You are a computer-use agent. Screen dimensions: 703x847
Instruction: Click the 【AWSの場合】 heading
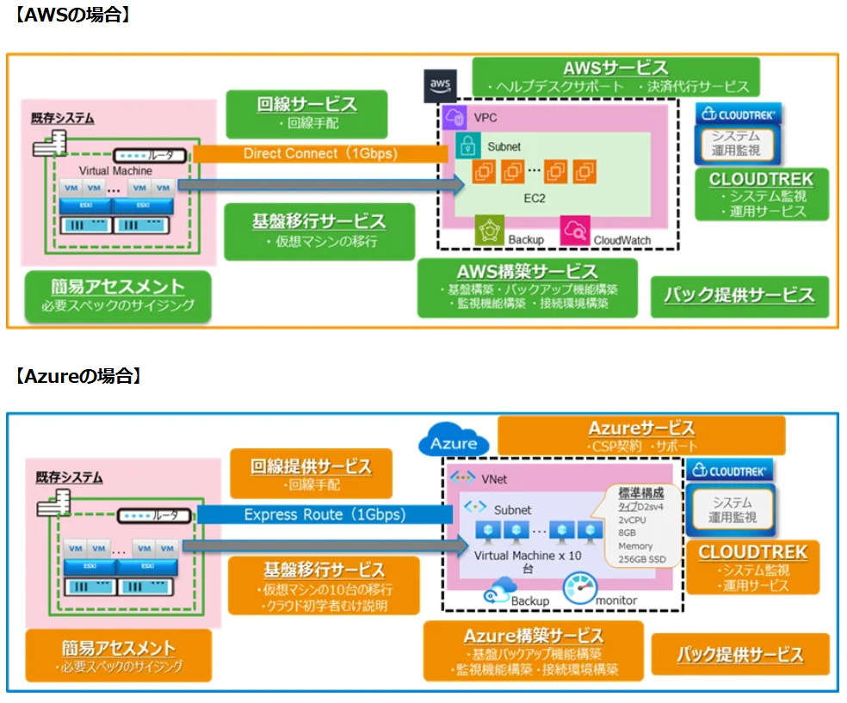73,15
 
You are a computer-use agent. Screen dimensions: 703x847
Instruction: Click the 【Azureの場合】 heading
78,376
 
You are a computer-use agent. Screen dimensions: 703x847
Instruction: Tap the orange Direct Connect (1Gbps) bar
319,154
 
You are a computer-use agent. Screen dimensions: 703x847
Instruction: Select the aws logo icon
441,83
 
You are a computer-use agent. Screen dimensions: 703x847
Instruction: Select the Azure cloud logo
454,443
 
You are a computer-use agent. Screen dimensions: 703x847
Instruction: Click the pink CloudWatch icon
574,230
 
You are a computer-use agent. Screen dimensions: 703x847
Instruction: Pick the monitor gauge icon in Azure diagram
579,590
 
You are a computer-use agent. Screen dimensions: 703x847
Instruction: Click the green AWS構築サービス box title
528,272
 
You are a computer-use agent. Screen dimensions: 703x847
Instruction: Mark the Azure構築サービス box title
534,636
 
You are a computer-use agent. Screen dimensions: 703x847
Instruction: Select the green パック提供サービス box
739,295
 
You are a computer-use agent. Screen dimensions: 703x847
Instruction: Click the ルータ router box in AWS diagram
150,154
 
